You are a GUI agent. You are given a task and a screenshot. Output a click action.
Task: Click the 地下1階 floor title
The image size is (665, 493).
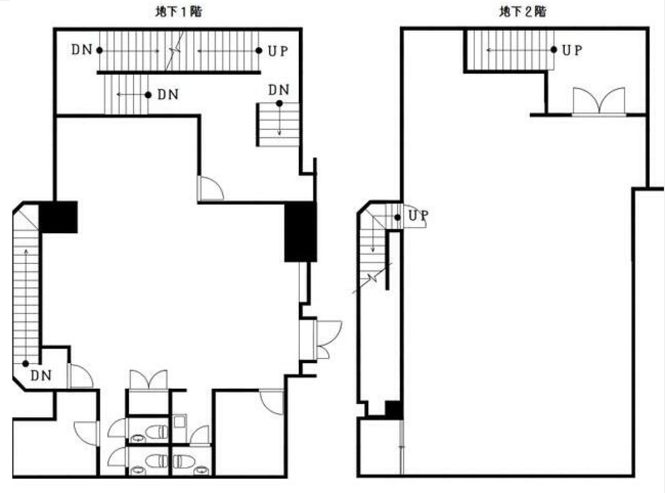(179, 12)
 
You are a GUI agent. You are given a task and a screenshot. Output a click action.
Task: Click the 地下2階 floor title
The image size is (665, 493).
(523, 12)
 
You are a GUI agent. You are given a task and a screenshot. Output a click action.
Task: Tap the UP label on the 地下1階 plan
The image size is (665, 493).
(278, 51)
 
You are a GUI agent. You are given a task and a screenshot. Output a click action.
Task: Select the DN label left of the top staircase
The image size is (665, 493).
(82, 50)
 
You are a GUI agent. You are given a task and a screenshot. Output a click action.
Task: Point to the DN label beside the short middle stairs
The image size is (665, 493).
(168, 95)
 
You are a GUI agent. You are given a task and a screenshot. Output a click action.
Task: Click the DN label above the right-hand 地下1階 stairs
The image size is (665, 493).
(278, 90)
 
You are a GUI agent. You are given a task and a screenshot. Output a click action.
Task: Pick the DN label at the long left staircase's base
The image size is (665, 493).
(41, 376)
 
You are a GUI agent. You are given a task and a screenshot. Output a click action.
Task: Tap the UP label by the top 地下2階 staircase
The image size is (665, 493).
(572, 50)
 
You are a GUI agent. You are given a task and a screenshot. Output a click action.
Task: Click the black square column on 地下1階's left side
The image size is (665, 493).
(58, 218)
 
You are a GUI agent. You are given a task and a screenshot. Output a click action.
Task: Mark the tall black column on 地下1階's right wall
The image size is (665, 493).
(300, 232)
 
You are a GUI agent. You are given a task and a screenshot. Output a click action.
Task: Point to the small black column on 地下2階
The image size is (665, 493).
(393, 410)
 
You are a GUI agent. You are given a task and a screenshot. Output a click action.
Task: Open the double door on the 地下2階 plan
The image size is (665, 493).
(598, 101)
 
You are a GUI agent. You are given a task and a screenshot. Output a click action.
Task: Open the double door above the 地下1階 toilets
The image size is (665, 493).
(149, 380)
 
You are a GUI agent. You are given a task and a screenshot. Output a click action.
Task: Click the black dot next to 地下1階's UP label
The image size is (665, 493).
(259, 51)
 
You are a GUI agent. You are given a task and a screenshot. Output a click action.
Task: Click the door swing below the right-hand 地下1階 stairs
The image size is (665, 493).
(211, 188)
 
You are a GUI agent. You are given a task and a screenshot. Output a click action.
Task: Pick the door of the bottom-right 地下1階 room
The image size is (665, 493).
(271, 402)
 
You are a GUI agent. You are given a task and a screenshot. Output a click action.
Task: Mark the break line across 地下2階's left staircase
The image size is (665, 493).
(372, 278)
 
